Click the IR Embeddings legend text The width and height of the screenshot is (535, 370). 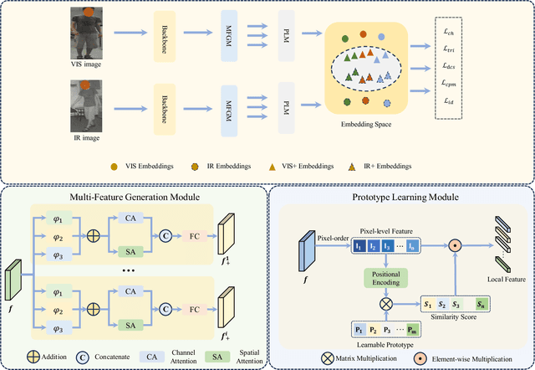216,165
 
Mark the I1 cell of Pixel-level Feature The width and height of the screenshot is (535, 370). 359,248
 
